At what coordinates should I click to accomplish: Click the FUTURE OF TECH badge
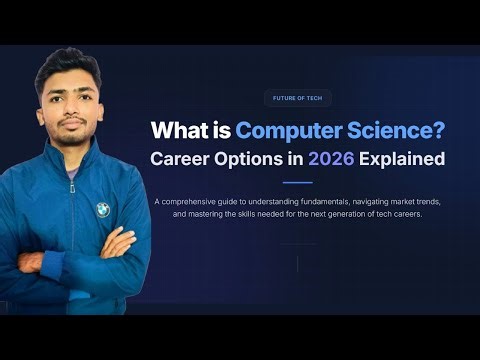[x=297, y=98]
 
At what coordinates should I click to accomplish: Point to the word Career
[x=185, y=158]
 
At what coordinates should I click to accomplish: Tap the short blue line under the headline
[x=297, y=182]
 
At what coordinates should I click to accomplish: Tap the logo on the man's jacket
[x=102, y=208]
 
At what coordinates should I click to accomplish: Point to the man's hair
[x=68, y=62]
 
